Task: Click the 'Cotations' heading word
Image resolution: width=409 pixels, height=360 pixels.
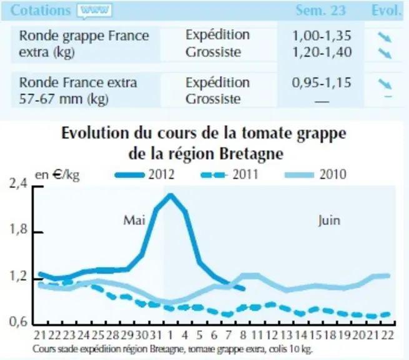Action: (x=41, y=11)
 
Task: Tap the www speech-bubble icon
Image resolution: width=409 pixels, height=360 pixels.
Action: (x=94, y=11)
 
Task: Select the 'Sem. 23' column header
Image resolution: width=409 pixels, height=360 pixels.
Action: (x=320, y=11)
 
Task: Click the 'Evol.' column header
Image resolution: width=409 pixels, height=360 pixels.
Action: (x=386, y=11)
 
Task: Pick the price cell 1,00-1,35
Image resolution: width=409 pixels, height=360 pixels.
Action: (x=322, y=36)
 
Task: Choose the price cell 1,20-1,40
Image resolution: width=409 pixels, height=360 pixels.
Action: (x=322, y=52)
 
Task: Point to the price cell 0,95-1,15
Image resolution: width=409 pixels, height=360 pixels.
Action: (x=322, y=82)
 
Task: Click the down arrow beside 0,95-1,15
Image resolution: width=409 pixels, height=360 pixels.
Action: (x=385, y=84)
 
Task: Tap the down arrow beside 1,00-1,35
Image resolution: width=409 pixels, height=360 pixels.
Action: (x=385, y=37)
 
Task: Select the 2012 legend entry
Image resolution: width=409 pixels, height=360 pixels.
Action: (x=144, y=174)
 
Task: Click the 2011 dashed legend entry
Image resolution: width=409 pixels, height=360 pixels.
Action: (x=229, y=174)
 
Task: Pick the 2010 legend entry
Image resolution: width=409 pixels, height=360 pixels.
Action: (x=315, y=174)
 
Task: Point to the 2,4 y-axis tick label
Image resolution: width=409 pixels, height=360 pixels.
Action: (x=18, y=184)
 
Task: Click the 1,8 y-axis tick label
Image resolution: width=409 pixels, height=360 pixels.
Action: (x=18, y=229)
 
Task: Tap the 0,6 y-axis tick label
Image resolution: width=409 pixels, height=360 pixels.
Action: (x=18, y=321)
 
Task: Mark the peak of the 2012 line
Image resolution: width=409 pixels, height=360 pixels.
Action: (x=170, y=195)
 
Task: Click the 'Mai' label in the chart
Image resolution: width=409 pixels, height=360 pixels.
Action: (x=134, y=221)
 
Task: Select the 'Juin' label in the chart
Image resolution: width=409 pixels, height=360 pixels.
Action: (x=329, y=221)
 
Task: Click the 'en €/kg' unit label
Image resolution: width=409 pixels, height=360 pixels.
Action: (x=57, y=174)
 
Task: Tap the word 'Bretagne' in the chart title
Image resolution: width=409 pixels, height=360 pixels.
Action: (x=251, y=154)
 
